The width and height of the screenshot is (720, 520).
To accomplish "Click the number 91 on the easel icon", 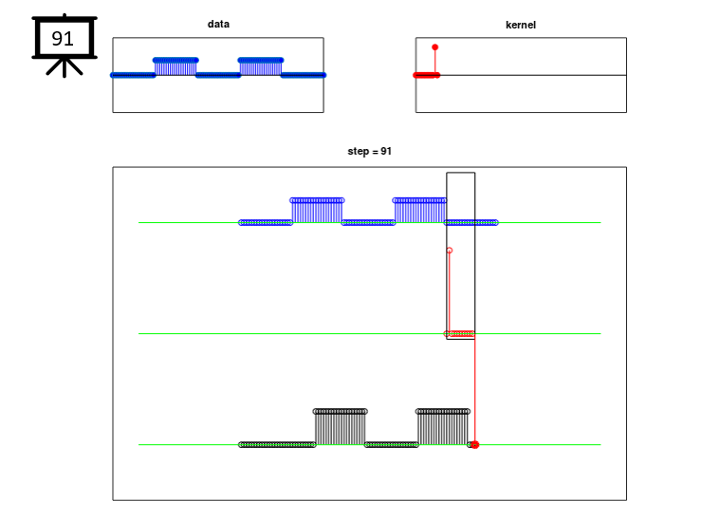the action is point(63,39).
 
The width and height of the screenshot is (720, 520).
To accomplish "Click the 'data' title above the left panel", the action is point(218,24).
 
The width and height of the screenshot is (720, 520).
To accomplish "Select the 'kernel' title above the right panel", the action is point(521,25).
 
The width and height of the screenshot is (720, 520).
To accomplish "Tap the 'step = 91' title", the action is point(370,151).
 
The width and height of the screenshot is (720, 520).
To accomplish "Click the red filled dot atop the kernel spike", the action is point(434,47).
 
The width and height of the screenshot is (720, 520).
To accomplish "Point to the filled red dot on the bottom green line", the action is point(475,445).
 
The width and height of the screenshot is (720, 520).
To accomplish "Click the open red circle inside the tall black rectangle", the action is point(450,251).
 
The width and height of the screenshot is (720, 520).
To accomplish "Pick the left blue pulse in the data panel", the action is point(175,67).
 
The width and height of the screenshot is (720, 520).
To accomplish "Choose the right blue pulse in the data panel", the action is point(260,67).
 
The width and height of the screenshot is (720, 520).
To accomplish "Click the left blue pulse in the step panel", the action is point(317,211).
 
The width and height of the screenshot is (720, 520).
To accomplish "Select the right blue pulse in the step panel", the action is point(419,211).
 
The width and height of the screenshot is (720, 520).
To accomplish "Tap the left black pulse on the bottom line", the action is point(341,428).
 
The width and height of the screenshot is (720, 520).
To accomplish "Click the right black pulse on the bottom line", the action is point(443,428).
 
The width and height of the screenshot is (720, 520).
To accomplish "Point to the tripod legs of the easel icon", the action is point(65,67).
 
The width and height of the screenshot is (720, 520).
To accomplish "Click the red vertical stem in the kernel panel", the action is point(435,62).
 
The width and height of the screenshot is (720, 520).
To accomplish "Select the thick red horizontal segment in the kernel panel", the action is point(427,75).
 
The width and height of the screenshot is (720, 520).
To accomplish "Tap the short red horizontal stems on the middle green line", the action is point(460,333).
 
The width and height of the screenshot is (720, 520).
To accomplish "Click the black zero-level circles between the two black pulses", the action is point(391,445).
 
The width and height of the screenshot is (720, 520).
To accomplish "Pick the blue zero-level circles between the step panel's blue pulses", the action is point(368,223).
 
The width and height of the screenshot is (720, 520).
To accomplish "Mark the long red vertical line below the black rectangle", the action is point(475,390).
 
